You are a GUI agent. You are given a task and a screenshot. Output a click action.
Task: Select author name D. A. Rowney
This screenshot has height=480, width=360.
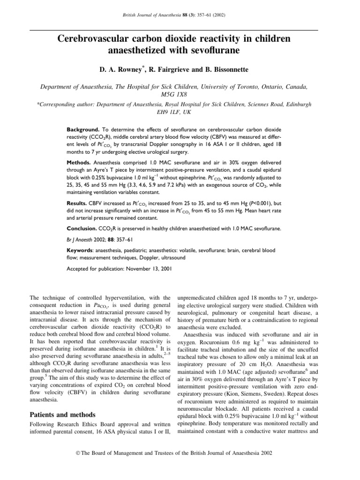(120, 70)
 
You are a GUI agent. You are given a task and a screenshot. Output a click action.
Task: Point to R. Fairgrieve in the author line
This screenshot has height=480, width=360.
(169, 70)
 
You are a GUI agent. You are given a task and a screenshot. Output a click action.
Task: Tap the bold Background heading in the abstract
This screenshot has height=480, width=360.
(83, 128)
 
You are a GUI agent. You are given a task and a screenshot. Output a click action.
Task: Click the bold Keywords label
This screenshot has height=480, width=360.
(82, 251)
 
